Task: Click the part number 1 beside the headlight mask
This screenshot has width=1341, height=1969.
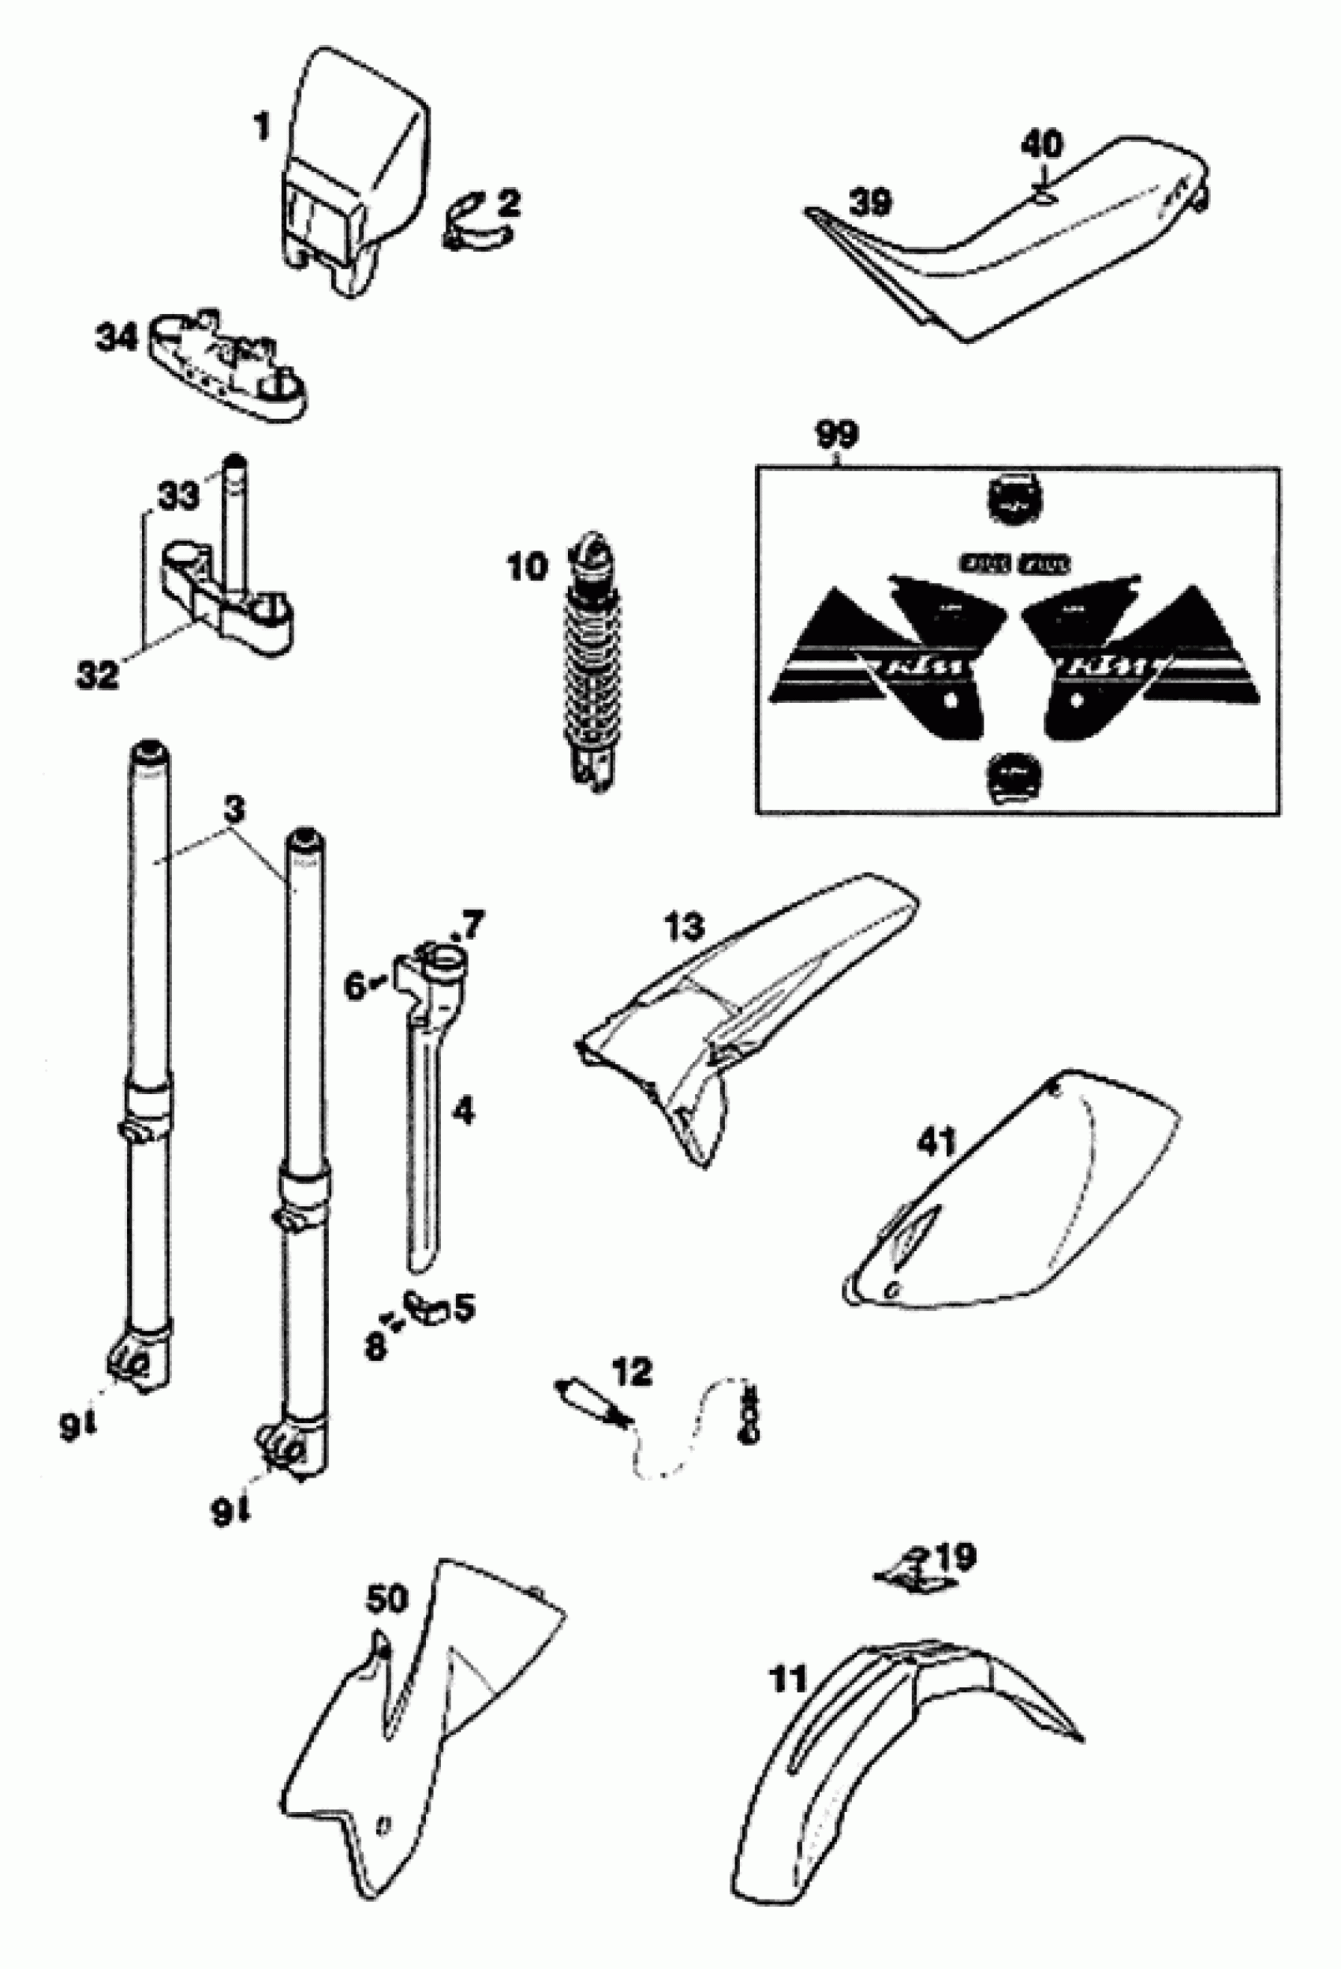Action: [263, 129]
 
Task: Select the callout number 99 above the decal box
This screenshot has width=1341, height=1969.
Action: [836, 434]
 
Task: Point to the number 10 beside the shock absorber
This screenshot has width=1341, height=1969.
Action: [528, 567]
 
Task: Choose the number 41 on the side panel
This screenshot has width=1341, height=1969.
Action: [936, 1144]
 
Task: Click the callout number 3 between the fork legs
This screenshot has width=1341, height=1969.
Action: [234, 810]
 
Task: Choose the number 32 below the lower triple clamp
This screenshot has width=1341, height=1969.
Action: [97, 675]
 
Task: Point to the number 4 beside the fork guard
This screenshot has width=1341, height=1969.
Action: [462, 1111]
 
